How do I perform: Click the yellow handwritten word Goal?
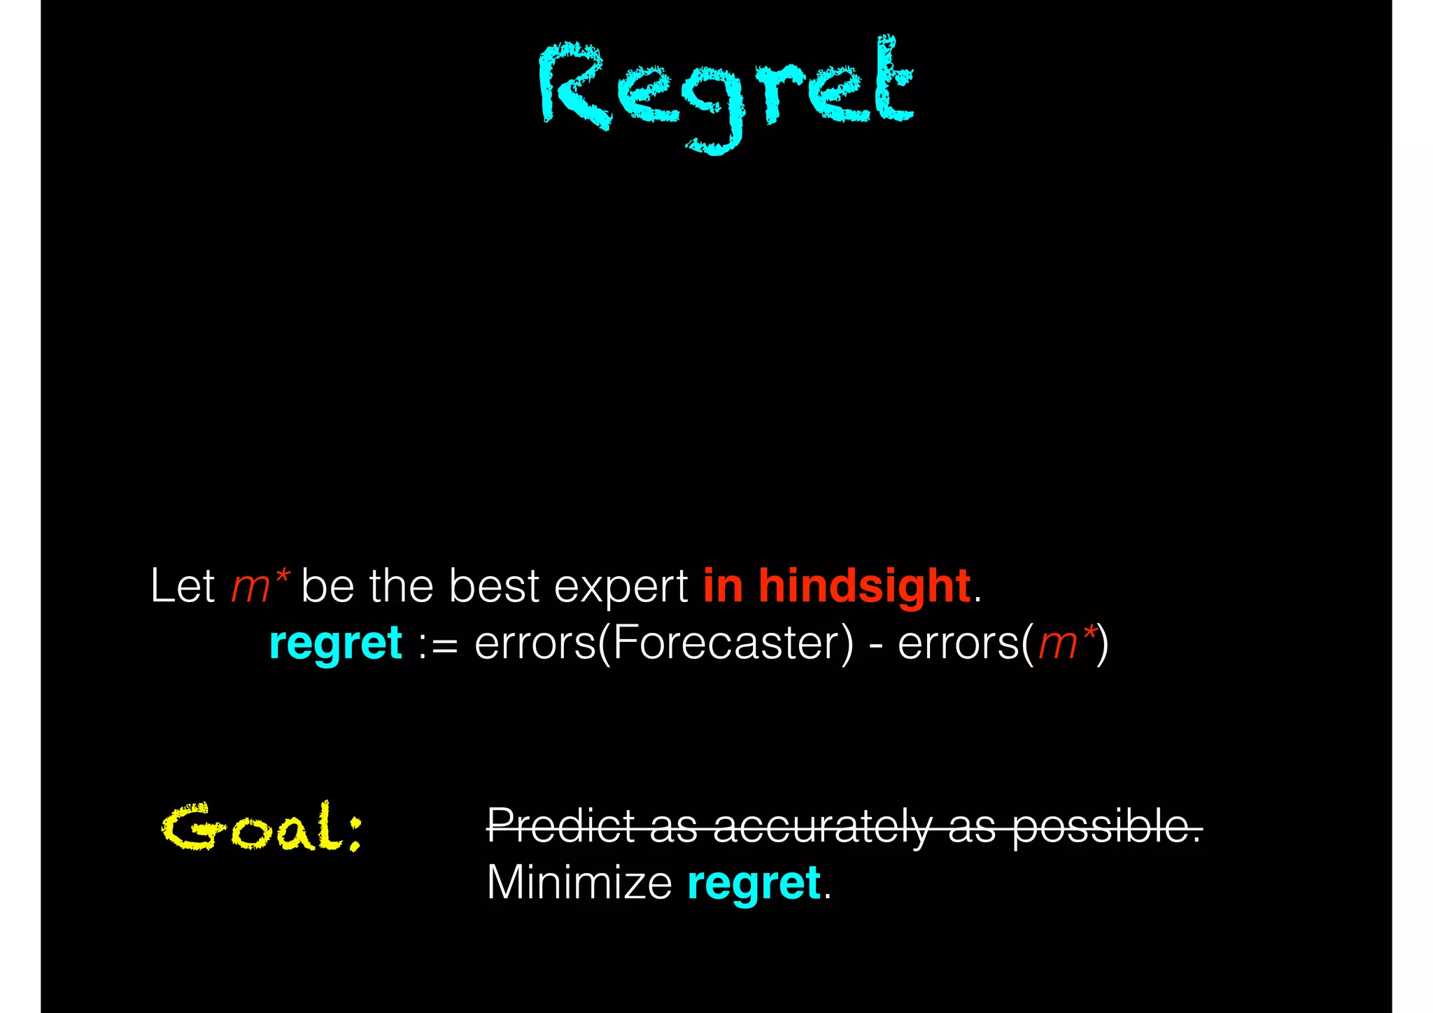[262, 828]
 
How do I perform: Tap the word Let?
[182, 586]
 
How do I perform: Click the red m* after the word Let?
[259, 586]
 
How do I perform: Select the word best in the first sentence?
[494, 586]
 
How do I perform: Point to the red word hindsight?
[864, 586]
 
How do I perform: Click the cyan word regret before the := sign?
[335, 644]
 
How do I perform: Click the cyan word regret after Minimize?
[754, 883]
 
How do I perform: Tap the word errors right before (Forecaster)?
[535, 644]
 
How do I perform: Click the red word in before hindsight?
[723, 586]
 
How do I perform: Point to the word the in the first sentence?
[401, 586]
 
